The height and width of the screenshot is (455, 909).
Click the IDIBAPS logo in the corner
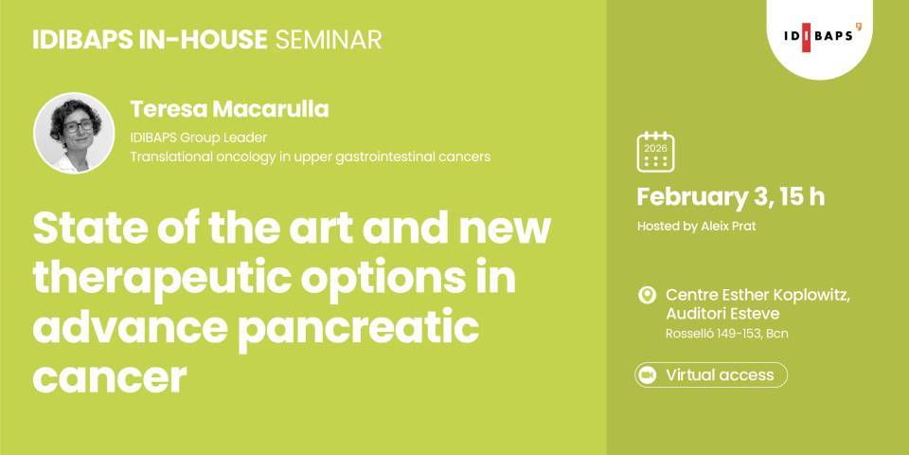pyautogui.click(x=821, y=36)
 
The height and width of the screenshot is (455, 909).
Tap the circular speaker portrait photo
pyautogui.click(x=74, y=133)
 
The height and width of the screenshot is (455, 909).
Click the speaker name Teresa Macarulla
pyautogui.click(x=229, y=109)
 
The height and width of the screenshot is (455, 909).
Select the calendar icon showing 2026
pyautogui.click(x=655, y=152)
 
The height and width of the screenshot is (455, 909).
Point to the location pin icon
pyautogui.click(x=648, y=296)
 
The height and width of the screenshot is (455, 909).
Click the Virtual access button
pyautogui.click(x=710, y=374)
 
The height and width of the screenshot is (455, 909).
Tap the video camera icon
pyautogui.click(x=648, y=375)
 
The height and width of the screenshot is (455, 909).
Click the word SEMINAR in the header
pyautogui.click(x=328, y=40)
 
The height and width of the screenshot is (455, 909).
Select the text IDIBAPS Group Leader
pyautogui.click(x=199, y=137)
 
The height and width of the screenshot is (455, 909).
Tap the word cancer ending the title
pyautogui.click(x=108, y=376)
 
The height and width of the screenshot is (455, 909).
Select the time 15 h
pyautogui.click(x=804, y=197)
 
